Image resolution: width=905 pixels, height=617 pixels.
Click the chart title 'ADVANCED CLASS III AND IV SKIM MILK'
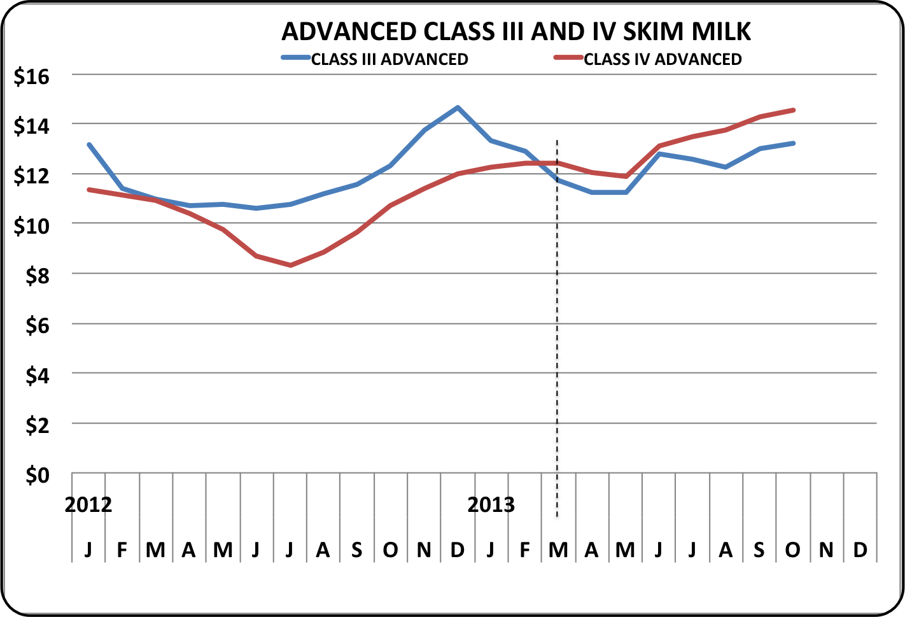pos(516,32)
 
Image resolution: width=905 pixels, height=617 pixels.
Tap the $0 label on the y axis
pos(37,475)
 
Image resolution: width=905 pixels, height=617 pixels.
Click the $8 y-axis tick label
pos(37,276)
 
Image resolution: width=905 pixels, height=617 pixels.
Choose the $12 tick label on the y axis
pos(31,176)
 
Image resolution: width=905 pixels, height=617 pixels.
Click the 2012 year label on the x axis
pos(88,505)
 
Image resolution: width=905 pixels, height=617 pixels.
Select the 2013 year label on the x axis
pos(491,505)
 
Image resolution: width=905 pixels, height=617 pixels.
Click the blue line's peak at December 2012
pos(458,108)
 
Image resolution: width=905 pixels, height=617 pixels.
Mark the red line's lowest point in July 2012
pos(290,265)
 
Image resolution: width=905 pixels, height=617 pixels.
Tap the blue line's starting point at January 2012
pos(89,145)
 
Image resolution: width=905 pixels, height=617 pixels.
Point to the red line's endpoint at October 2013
pos(793,110)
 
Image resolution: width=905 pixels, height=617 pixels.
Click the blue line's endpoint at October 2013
pos(793,143)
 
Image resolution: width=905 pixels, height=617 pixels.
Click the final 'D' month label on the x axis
pos(860,550)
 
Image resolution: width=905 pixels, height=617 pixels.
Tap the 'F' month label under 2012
pos(122,550)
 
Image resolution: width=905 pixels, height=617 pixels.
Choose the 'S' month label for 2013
pos(759,550)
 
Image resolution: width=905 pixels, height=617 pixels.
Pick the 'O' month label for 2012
pos(390,550)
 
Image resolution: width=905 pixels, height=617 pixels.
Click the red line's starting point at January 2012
pos(89,189)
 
